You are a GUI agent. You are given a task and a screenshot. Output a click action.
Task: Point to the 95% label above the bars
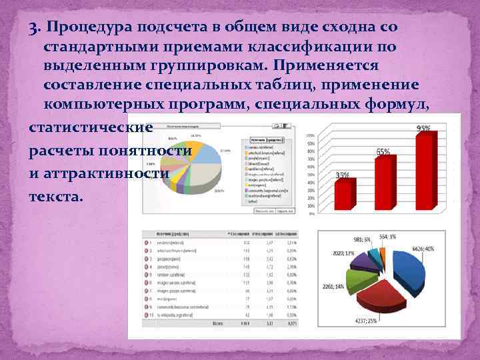click(x=423, y=128)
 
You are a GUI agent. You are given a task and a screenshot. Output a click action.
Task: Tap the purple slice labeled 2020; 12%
click(x=357, y=261)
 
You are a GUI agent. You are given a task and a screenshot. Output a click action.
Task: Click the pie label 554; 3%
click(x=387, y=237)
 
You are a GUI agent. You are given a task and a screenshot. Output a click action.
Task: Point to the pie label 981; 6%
click(x=363, y=239)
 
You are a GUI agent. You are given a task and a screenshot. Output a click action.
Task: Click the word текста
click(x=57, y=197)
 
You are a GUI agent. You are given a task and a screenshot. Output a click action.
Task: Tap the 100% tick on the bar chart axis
click(x=310, y=135)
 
